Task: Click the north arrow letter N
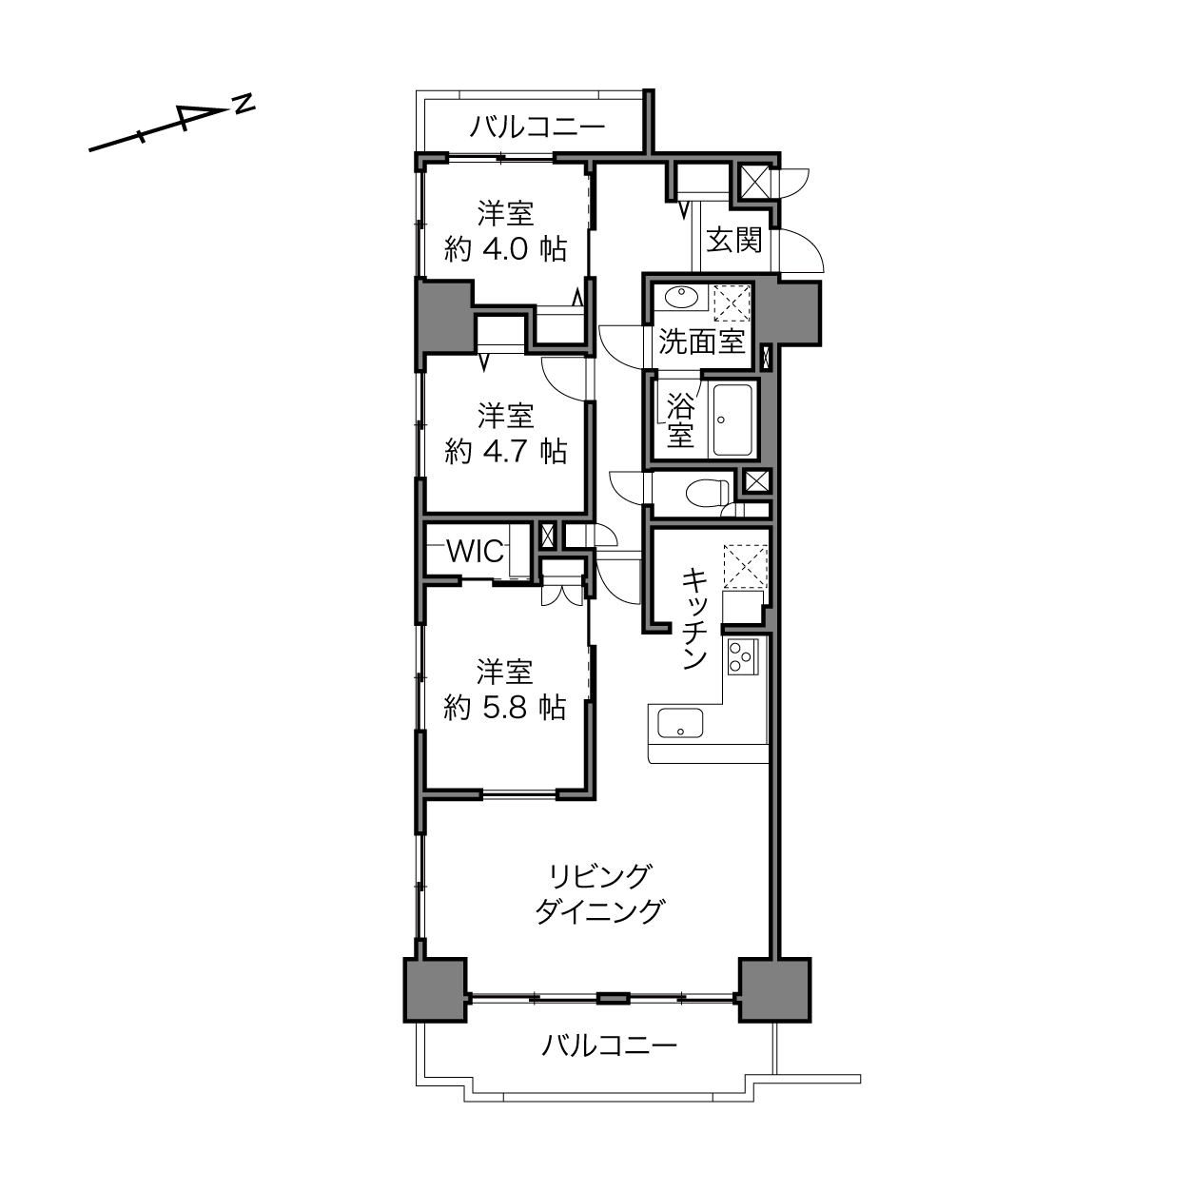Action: (244, 103)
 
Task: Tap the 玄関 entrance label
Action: (733, 241)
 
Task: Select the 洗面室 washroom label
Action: (702, 342)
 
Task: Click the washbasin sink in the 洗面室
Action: (681, 298)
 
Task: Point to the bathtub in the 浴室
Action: (732, 420)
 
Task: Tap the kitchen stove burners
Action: (742, 656)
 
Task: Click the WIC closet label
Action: (475, 552)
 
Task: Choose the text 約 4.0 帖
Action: (505, 249)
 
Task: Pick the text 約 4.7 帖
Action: (505, 451)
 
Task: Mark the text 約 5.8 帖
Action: (505, 708)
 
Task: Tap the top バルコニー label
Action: (537, 127)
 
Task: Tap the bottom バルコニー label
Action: (609, 1047)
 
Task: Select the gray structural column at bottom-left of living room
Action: (436, 989)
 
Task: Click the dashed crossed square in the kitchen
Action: (744, 567)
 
